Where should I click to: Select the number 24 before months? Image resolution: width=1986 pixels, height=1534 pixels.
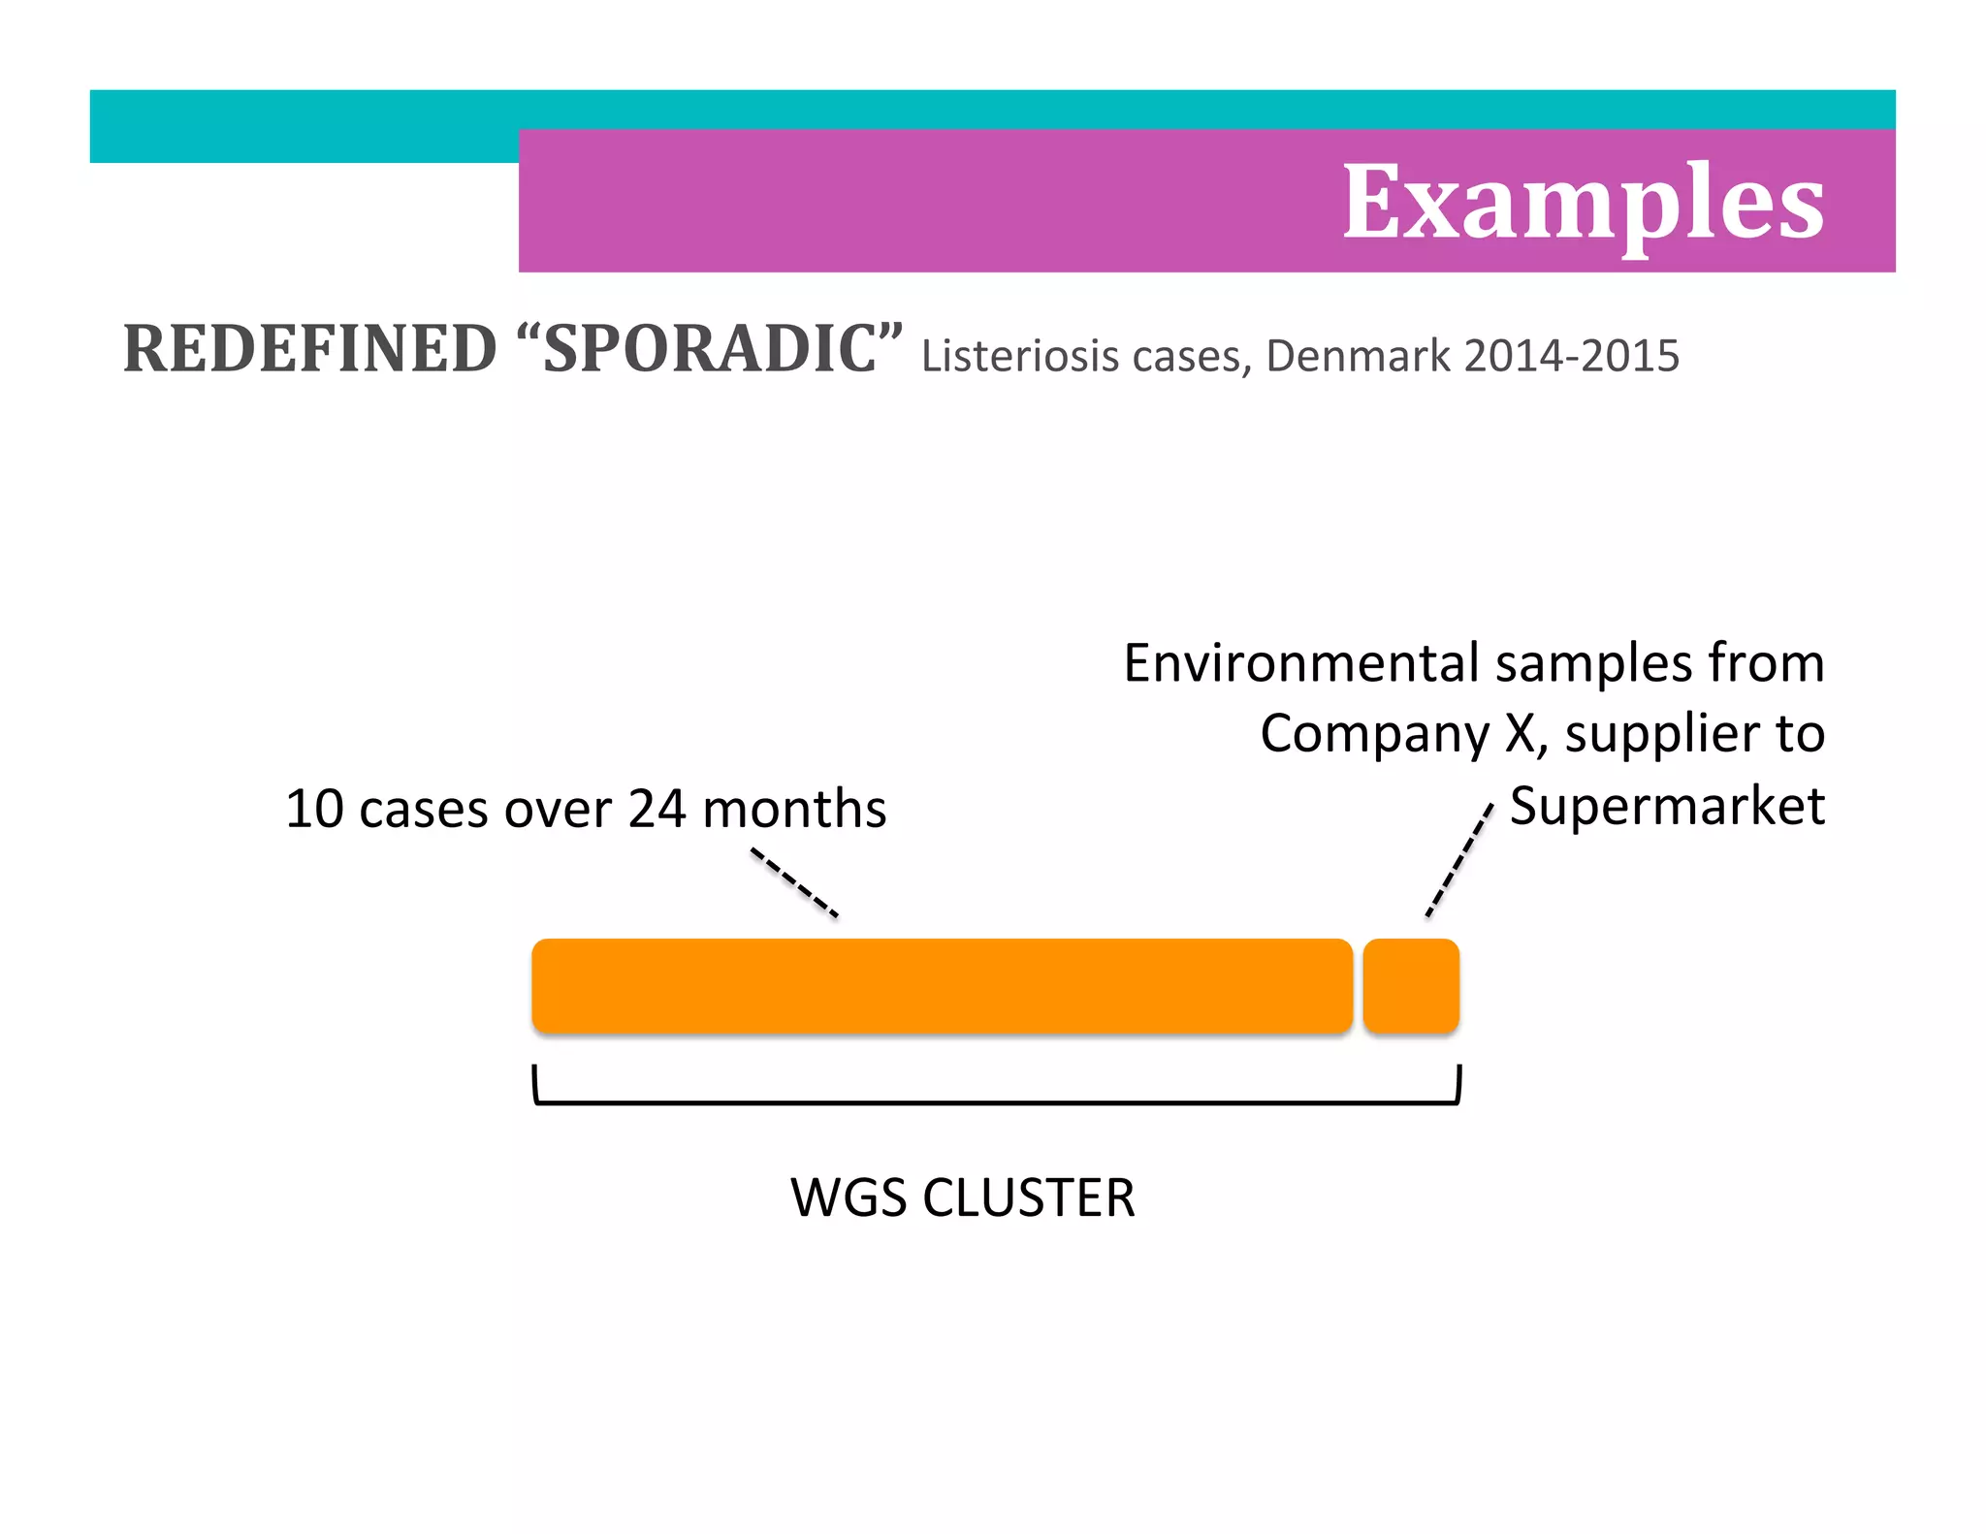coord(657,809)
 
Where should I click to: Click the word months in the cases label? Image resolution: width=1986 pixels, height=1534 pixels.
coord(793,809)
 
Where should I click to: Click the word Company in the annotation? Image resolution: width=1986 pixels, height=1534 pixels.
coord(1374,734)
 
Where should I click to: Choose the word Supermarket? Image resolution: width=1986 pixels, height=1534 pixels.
coord(1667,807)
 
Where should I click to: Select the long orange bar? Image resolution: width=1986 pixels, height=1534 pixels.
coord(942,985)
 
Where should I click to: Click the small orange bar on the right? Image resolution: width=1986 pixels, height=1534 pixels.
coord(1411,985)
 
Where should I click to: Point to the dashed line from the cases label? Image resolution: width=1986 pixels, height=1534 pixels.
coord(794,882)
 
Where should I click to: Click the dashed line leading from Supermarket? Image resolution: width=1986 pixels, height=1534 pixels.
coord(1458,861)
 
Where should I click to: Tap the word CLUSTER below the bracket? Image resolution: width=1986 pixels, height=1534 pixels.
coord(1028,1198)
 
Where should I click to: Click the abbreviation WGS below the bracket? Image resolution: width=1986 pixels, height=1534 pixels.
coord(850,1198)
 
